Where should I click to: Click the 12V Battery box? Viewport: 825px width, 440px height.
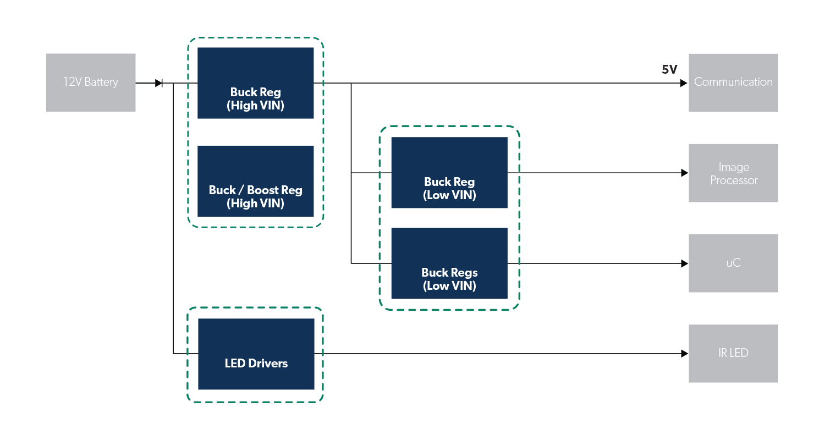coord(91,82)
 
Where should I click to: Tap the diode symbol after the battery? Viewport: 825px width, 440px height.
coord(159,83)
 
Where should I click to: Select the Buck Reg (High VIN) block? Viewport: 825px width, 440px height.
coord(256,83)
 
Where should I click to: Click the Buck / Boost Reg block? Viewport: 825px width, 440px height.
coord(256,181)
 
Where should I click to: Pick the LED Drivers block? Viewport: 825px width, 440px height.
coord(256,354)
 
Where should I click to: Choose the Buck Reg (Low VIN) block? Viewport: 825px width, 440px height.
coord(449,173)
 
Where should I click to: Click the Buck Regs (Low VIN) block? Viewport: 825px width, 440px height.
coord(449,263)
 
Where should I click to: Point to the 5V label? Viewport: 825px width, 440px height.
coord(669,70)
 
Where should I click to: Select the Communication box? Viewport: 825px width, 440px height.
coord(733,82)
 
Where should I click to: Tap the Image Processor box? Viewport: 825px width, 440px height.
coord(733,173)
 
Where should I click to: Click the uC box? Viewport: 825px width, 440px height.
coord(733,263)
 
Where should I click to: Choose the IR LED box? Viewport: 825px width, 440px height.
coord(733,354)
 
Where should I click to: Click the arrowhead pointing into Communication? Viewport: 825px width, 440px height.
coord(684,83)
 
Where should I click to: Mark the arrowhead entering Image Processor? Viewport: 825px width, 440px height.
coord(684,173)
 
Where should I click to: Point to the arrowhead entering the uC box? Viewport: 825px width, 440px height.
coord(684,263)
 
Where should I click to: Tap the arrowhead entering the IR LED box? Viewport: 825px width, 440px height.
coord(684,354)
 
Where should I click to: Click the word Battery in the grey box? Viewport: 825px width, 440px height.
coord(101,82)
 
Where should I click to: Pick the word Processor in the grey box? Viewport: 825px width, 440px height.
coord(734,180)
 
